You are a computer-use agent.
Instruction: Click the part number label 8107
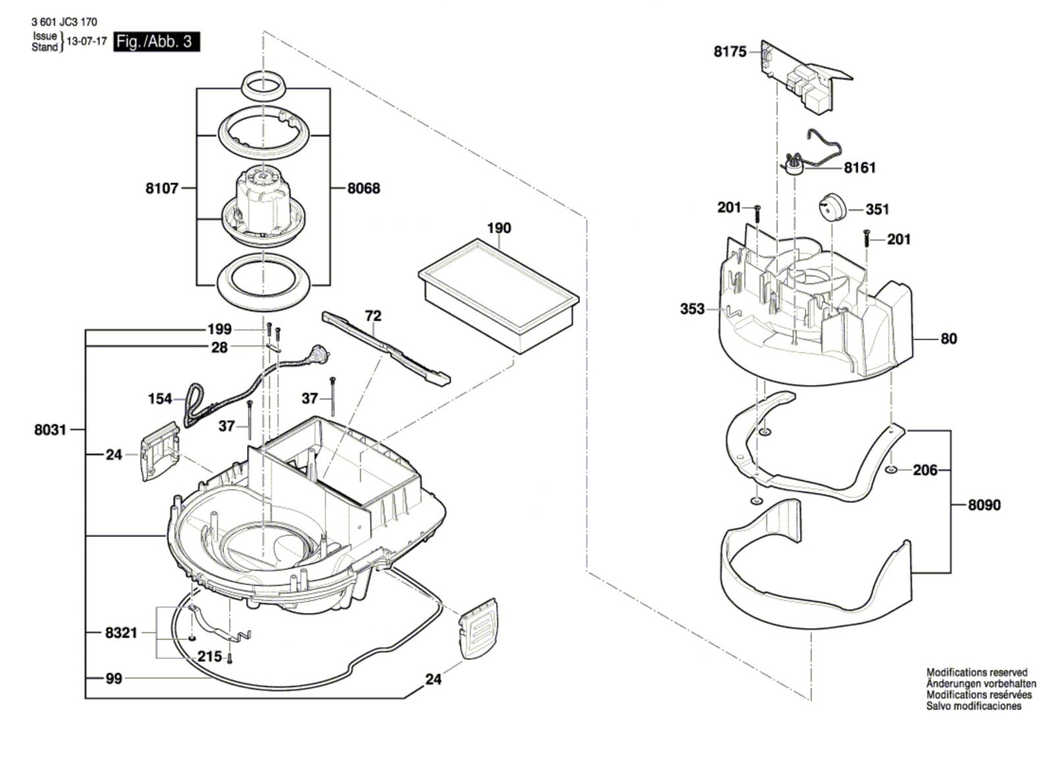click(x=162, y=188)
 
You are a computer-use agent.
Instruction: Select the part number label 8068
click(x=364, y=188)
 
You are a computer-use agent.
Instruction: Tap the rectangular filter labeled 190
click(x=498, y=296)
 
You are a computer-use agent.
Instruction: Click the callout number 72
click(x=373, y=315)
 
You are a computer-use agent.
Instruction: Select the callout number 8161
click(x=860, y=168)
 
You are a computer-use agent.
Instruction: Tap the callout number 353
click(x=692, y=309)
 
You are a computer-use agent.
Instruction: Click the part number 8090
click(x=984, y=505)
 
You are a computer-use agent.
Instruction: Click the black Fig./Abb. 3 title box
click(x=157, y=42)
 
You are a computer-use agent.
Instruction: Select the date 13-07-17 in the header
click(x=86, y=41)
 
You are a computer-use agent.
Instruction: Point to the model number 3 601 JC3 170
click(x=65, y=22)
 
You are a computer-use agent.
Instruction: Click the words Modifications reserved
click(x=977, y=673)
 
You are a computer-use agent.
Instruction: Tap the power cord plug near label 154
click(x=318, y=353)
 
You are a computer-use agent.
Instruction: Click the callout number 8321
click(x=121, y=633)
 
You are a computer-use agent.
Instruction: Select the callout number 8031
click(x=50, y=430)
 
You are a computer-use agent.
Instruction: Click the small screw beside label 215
click(x=230, y=659)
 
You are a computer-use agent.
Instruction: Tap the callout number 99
click(x=114, y=679)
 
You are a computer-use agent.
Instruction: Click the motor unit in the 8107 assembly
click(x=263, y=207)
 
